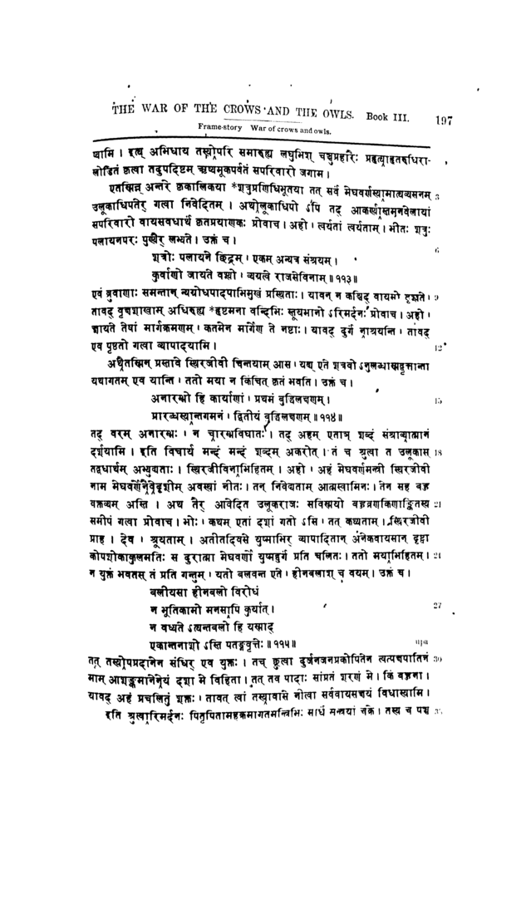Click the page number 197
pos(442,120)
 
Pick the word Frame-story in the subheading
pos(219,126)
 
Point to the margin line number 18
pos(446,453)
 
